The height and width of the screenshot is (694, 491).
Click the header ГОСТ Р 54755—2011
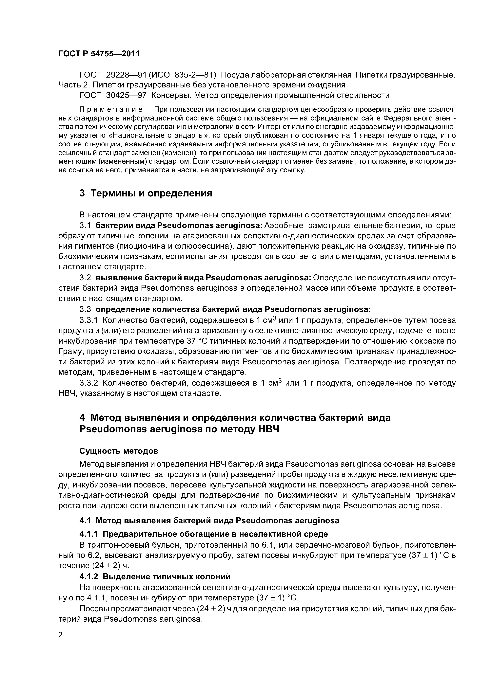coord(99,54)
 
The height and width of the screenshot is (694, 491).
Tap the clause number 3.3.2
coord(89,383)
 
